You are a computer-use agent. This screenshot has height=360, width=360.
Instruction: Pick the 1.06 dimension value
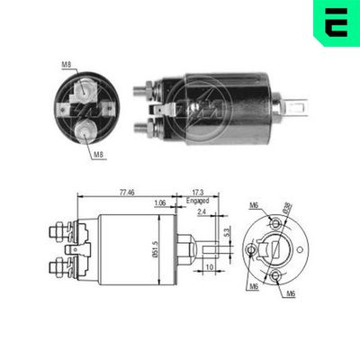pyautogui.click(x=159, y=203)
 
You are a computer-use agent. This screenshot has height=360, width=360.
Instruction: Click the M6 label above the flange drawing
pyautogui.click(x=256, y=205)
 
